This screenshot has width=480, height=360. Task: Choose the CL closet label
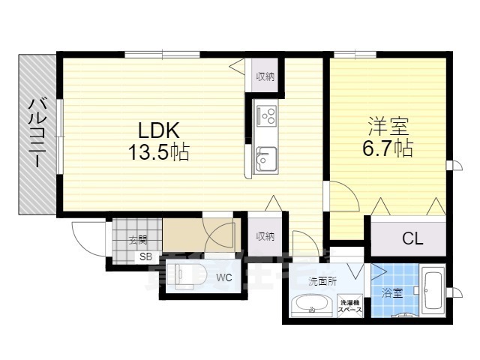pos(412,239)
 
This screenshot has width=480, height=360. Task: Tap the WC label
pos(223,278)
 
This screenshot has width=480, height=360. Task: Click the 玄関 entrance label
pos(136,240)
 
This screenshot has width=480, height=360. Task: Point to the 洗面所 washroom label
pos(322,281)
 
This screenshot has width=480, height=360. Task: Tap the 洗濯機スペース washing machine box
pos(349,307)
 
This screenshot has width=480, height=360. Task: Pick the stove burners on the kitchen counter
pos(265,115)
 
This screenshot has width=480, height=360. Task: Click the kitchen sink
pos(265,159)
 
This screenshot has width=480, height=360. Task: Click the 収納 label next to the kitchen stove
pos(264,76)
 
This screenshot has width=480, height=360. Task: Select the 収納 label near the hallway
pos(264,236)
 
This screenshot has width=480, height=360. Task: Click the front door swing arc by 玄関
pos(84,235)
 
